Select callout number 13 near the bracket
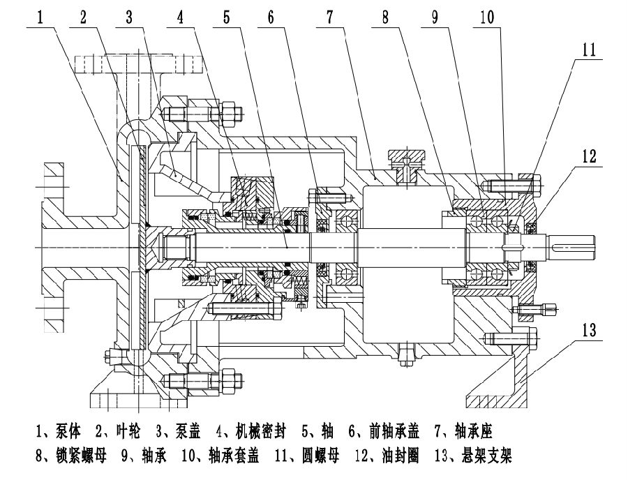tap(589, 329)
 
